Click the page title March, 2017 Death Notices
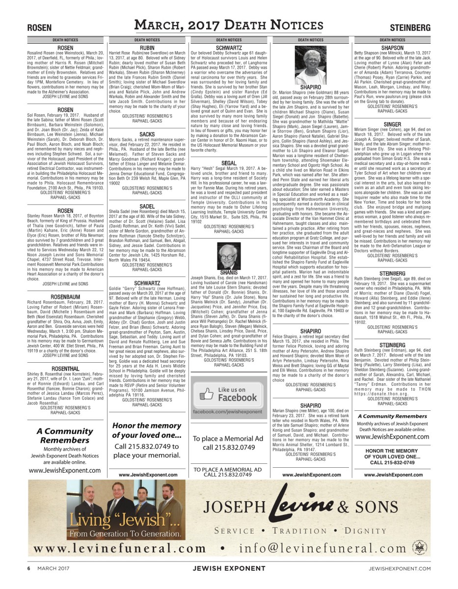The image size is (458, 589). click(229, 26)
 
